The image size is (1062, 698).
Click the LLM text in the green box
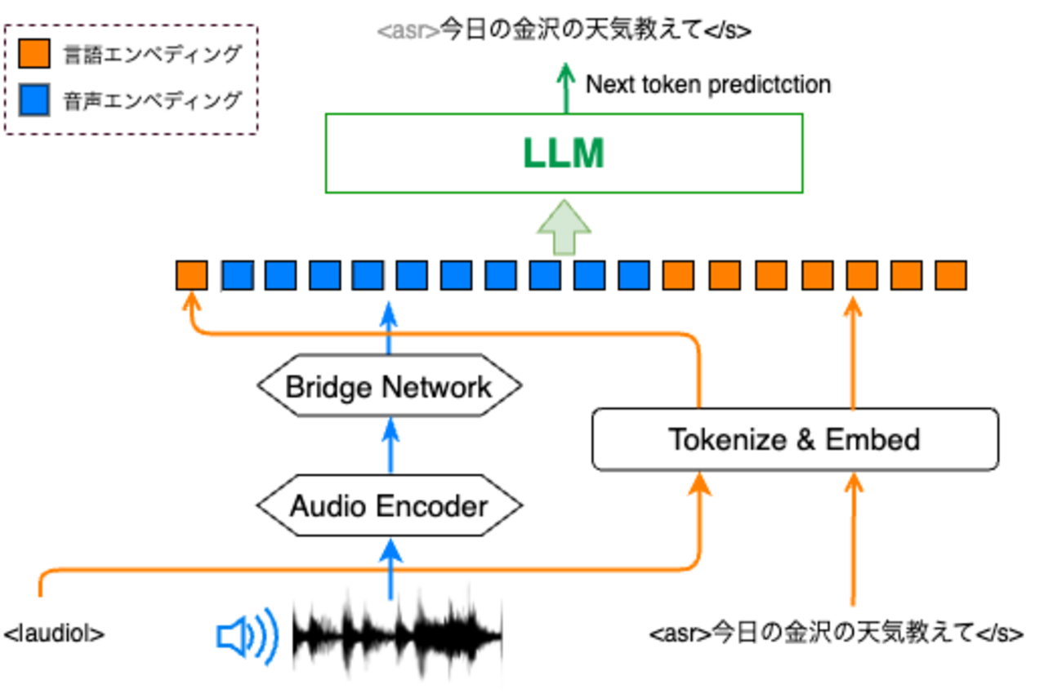click(564, 153)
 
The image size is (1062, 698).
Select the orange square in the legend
click(33, 54)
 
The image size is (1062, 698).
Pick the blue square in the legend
click(33, 100)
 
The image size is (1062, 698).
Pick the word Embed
click(872, 439)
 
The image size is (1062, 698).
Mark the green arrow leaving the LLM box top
click(564, 85)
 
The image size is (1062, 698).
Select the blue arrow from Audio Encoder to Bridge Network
click(390, 446)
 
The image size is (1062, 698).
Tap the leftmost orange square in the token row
click(192, 275)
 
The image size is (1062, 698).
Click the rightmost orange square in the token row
click(950, 275)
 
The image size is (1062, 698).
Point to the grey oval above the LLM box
click(408, 32)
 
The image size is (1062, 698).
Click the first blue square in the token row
click(237, 275)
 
